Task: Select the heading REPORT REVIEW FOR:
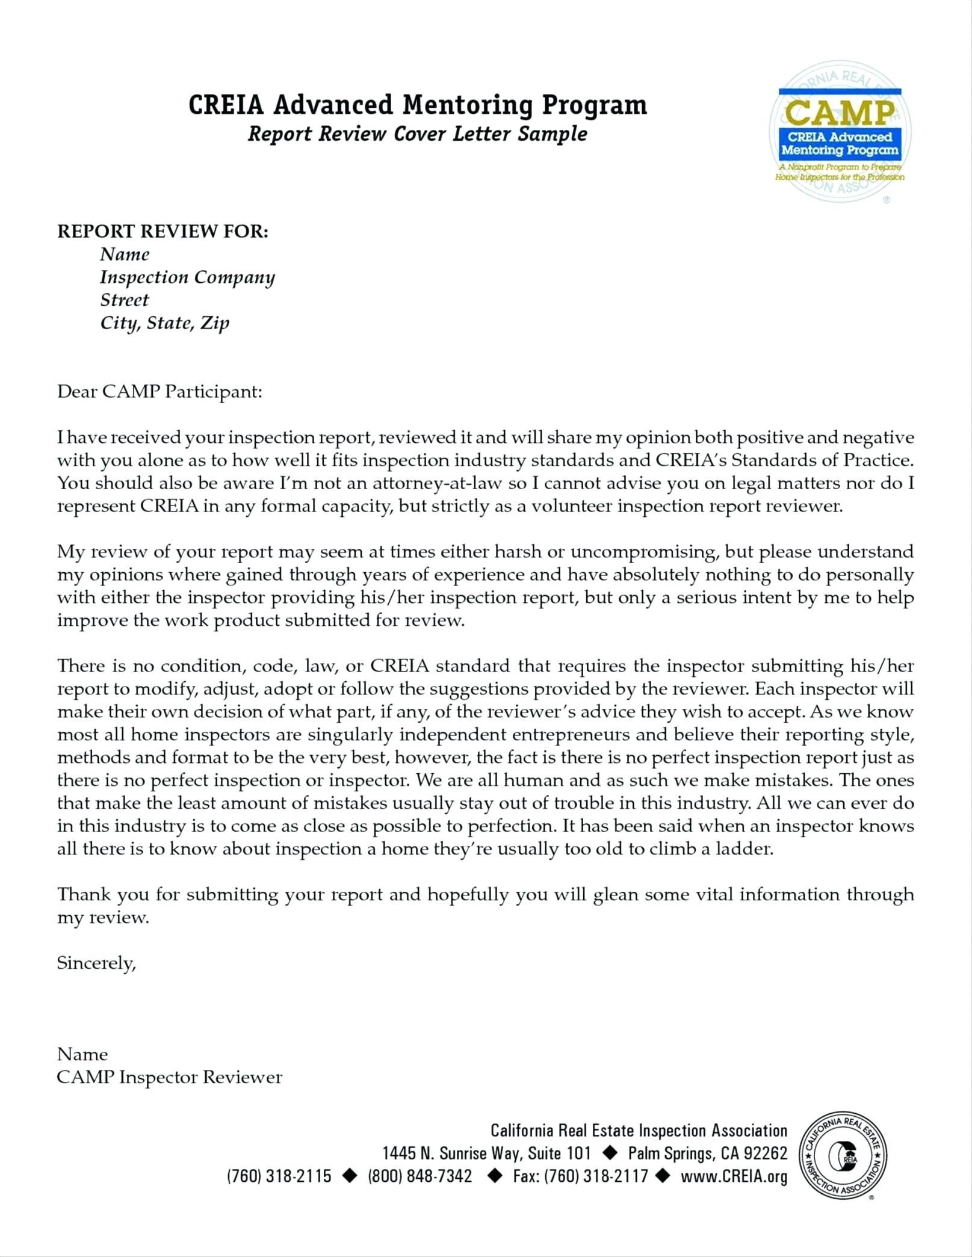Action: [163, 232]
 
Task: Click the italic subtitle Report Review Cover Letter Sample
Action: [417, 134]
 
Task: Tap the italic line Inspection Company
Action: [187, 277]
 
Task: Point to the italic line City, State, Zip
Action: [164, 323]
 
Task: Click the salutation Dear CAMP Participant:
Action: [159, 392]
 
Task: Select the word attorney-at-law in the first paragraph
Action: [441, 484]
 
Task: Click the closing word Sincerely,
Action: [96, 963]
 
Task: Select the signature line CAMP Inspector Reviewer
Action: [169, 1077]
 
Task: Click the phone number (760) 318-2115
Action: [279, 1176]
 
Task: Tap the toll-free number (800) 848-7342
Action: [419, 1176]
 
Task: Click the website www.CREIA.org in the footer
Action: [734, 1176]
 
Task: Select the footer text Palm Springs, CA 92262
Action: [707, 1153]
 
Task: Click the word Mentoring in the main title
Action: [468, 105]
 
